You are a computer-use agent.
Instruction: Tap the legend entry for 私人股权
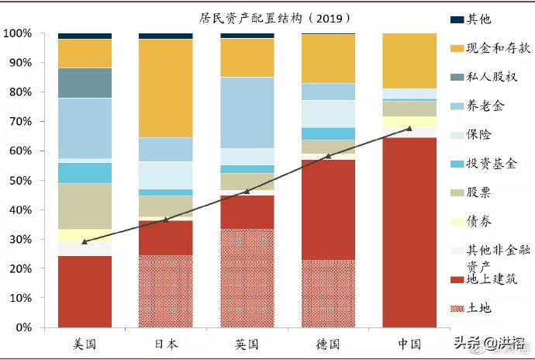tap(492, 77)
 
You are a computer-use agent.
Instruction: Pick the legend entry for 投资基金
tap(492, 164)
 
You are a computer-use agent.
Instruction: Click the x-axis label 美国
tap(84, 344)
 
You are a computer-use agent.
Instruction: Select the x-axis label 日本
tap(165, 344)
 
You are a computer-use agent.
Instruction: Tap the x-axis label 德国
tap(328, 344)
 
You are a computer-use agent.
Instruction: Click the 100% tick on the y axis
tap(17, 33)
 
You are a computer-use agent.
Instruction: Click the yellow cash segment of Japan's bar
tap(165, 88)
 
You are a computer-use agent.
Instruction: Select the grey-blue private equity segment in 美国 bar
tap(85, 83)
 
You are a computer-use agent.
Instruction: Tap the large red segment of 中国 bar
tap(409, 233)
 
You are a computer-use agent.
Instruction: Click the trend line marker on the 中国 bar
tap(409, 129)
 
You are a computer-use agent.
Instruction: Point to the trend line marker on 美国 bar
tap(85, 241)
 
